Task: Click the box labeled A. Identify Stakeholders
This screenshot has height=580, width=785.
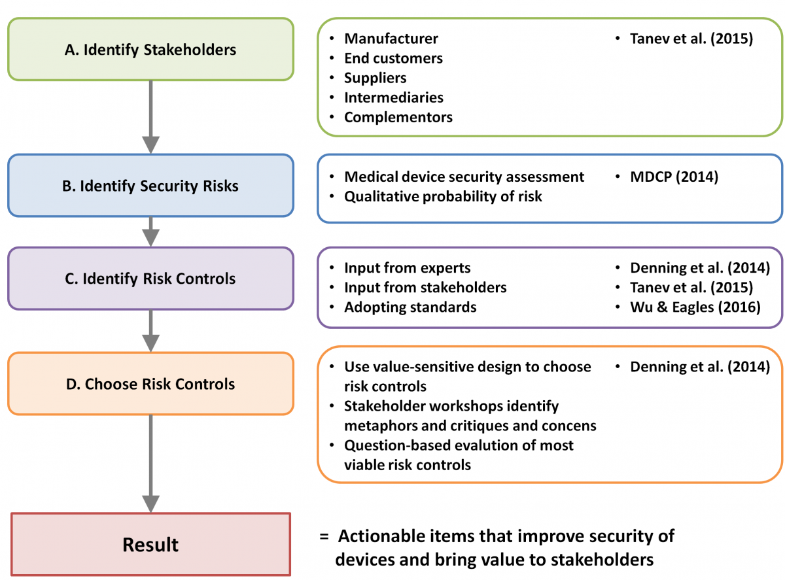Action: pos(150,49)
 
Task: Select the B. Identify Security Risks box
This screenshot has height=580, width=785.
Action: pos(150,186)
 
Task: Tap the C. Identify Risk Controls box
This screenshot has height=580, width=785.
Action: pos(150,279)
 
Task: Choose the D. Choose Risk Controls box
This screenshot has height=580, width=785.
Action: pos(150,384)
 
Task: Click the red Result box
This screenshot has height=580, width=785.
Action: pos(150,544)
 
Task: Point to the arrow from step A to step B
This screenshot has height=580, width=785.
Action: pos(150,117)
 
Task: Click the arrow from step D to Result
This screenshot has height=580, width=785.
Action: pos(150,464)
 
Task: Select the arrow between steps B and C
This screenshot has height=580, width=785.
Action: pos(150,231)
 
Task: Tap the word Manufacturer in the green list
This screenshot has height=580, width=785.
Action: pos(391,39)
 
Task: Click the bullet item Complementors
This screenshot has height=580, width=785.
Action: pos(398,117)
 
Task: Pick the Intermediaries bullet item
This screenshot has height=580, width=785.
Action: pos(394,97)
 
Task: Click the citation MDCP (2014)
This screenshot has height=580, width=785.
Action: pos(674,177)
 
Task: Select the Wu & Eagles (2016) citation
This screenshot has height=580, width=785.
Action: pos(695,307)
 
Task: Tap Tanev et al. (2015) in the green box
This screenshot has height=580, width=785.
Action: pos(691,39)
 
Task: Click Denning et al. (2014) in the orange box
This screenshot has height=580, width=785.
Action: pos(700,367)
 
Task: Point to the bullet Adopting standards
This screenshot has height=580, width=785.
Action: pos(410,307)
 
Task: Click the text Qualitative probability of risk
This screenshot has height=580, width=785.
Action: pos(443,196)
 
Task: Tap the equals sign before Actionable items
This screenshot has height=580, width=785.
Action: pos(324,536)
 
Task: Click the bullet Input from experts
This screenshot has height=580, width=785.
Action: pos(408,268)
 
